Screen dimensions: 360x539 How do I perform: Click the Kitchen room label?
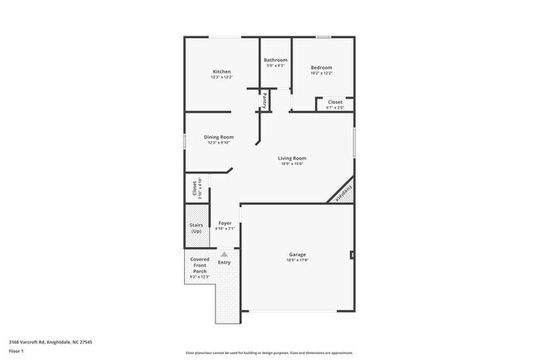(221, 72)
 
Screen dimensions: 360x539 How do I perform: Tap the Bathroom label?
(275, 61)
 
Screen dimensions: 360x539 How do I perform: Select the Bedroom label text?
(322, 68)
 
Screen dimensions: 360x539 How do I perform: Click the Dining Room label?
(220, 137)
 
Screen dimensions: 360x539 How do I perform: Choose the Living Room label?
(292, 158)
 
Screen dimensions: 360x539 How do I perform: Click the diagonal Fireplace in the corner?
(340, 193)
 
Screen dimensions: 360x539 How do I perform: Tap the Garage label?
(298, 255)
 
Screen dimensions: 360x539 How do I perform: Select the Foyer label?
(225, 223)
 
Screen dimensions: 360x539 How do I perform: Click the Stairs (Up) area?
(197, 228)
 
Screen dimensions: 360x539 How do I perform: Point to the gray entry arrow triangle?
(224, 253)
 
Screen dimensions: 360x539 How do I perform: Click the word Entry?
(224, 263)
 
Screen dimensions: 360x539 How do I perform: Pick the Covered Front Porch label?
(200, 265)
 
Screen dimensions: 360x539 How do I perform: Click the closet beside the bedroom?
(334, 103)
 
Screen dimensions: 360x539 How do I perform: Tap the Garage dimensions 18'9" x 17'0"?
(298, 260)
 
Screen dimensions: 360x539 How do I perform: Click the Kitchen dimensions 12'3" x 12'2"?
(221, 78)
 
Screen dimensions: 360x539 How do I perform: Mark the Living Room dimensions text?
(292, 163)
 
